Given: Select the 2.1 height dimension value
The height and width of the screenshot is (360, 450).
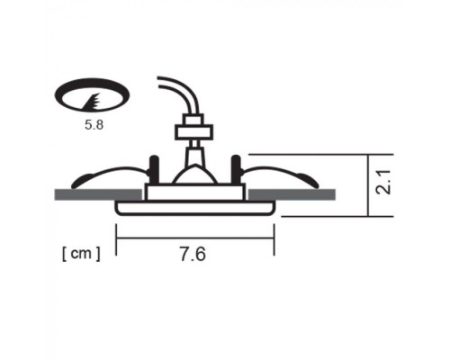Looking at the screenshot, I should [384, 184].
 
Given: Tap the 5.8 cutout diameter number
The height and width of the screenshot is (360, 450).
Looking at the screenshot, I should [94, 126].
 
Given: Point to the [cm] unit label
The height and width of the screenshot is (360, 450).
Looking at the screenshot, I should [81, 253].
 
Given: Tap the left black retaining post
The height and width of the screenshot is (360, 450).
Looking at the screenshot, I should [152, 170].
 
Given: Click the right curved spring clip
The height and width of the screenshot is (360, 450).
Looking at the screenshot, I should [283, 174].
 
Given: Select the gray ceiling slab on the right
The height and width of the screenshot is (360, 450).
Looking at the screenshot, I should [292, 194].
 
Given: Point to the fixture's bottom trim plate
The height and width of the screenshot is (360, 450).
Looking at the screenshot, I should [194, 208].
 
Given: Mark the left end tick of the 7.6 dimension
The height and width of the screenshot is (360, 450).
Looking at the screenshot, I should [117, 238].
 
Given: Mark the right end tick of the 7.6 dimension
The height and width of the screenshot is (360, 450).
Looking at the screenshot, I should [274, 238].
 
